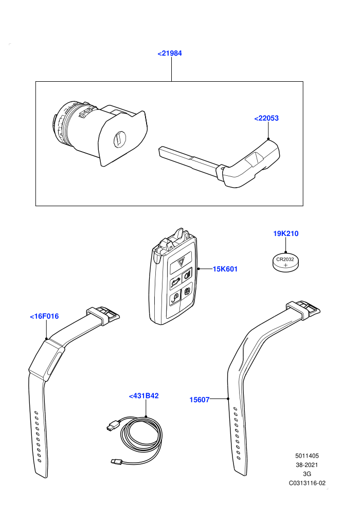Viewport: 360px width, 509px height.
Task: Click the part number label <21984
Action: (x=169, y=53)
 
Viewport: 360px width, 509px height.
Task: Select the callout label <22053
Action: (x=266, y=118)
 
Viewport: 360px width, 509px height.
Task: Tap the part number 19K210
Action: (x=285, y=233)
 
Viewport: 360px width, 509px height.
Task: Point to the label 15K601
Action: (x=225, y=269)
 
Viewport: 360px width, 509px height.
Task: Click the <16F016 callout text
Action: (x=44, y=316)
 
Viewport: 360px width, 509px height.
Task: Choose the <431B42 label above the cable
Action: (x=144, y=396)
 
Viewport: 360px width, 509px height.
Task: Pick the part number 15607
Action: (x=200, y=399)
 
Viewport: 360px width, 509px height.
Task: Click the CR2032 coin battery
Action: (x=285, y=263)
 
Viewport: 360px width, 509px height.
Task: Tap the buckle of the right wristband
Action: (x=303, y=308)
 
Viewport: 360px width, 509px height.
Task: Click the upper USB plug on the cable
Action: (x=112, y=425)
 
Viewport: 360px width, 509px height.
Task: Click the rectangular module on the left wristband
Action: (x=46, y=359)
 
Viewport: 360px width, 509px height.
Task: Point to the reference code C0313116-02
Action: (x=307, y=483)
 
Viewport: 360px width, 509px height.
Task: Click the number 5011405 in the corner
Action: (x=307, y=456)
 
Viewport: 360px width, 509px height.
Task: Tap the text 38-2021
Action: (x=307, y=465)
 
